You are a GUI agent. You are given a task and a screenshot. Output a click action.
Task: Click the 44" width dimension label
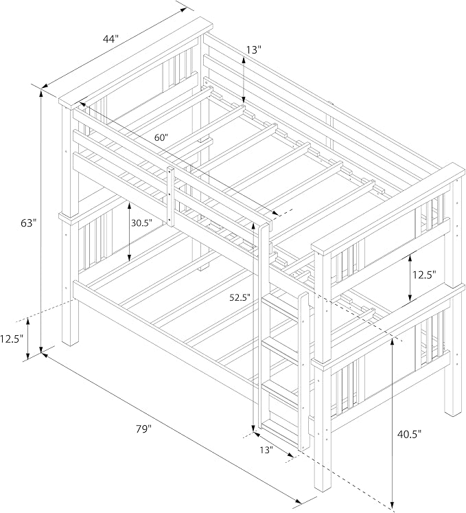coord(110,39)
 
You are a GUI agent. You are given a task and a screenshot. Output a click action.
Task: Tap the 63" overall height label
coord(28,223)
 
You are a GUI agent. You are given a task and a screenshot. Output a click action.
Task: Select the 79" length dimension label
coord(144,429)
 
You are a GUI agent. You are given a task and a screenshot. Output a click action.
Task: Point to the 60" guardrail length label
coord(161,137)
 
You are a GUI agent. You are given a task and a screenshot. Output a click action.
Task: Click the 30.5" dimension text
coord(142,223)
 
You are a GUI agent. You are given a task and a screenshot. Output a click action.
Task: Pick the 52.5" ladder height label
coord(240,298)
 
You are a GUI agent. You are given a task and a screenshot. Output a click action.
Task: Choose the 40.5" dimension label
coord(410,434)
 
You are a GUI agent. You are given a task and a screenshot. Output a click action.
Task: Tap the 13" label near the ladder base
coord(266,451)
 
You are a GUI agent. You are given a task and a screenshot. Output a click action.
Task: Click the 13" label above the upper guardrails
coord(254,49)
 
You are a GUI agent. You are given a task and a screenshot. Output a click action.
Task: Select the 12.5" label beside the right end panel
coord(424,275)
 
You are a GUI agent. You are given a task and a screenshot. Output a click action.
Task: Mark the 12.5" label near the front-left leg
coord(12,339)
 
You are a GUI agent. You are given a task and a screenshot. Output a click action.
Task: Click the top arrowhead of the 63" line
coord(41,94)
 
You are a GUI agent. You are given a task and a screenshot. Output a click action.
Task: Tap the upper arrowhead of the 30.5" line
coord(130,206)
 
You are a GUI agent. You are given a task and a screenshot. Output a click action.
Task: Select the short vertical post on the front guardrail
coord(170,196)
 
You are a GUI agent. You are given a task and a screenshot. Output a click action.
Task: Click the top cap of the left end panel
coord(136,62)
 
